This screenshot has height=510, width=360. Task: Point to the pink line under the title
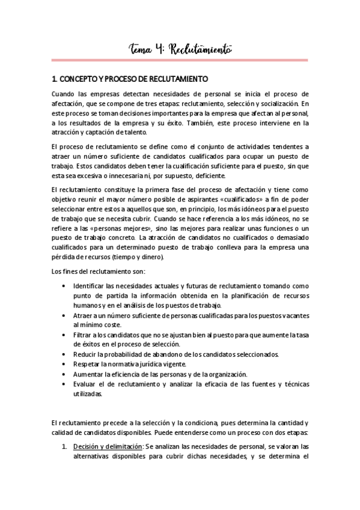tap(180, 60)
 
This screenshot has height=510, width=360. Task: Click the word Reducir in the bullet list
tap(85, 354)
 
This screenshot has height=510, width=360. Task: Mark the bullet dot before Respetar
tap(64, 364)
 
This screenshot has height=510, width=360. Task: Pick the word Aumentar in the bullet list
tap(88, 374)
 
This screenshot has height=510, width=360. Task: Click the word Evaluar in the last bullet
tap(85, 384)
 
